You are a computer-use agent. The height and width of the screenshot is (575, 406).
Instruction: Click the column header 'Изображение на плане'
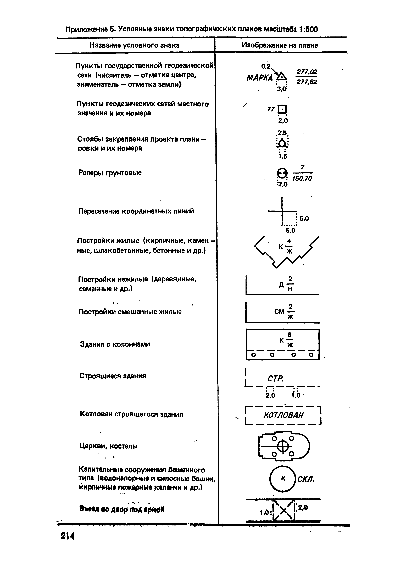coord(280,45)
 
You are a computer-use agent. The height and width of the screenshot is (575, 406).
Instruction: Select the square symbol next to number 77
coord(282,109)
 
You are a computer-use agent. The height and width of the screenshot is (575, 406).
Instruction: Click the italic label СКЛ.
coord(306,479)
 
